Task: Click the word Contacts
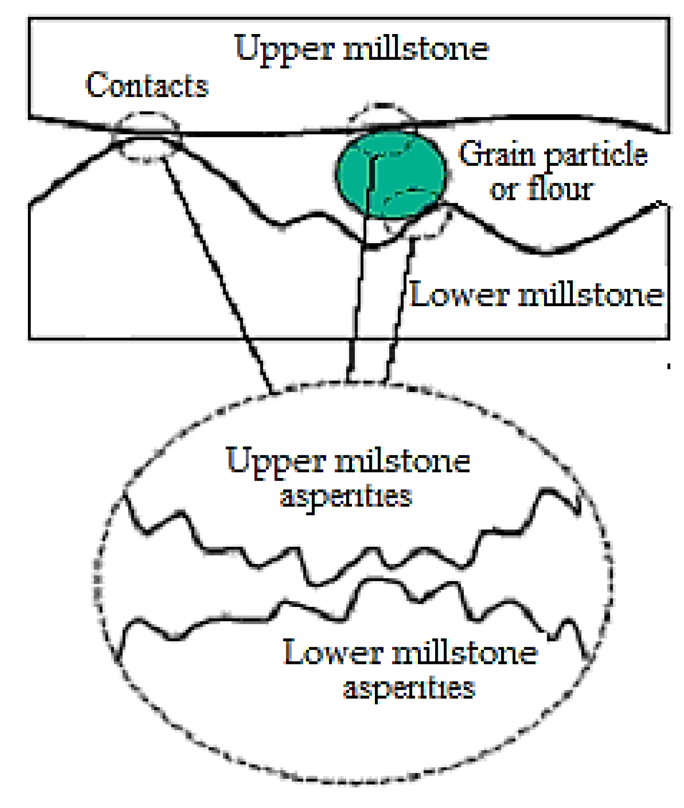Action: pos(147,85)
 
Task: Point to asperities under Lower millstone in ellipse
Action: pos(409,688)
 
